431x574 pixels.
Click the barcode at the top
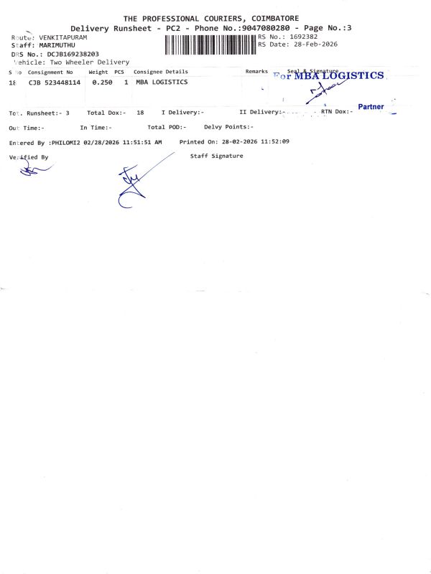210,45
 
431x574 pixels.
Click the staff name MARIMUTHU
57,45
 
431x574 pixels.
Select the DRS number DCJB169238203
73,54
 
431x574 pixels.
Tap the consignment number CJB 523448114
55,83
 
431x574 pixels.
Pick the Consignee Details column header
161,72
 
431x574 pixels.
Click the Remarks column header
256,72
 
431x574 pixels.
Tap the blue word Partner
371,107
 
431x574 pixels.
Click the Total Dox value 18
140,113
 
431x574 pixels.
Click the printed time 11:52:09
274,142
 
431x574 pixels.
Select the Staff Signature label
217,156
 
